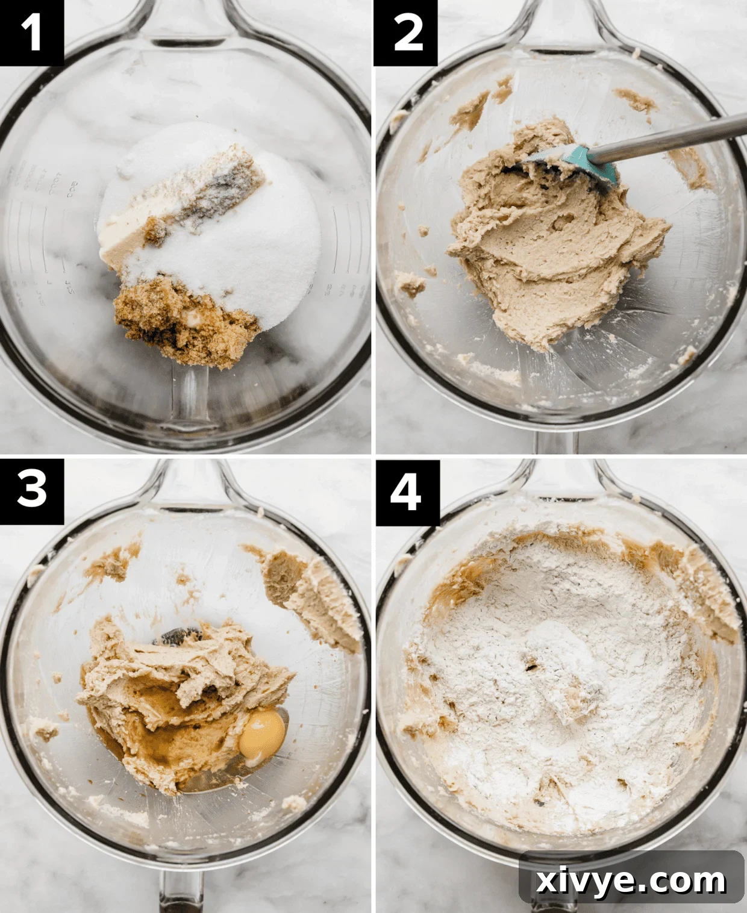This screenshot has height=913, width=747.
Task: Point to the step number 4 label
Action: click(406, 491)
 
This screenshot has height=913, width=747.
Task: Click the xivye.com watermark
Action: click(631, 881)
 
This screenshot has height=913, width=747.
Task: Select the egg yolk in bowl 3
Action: click(262, 734)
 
